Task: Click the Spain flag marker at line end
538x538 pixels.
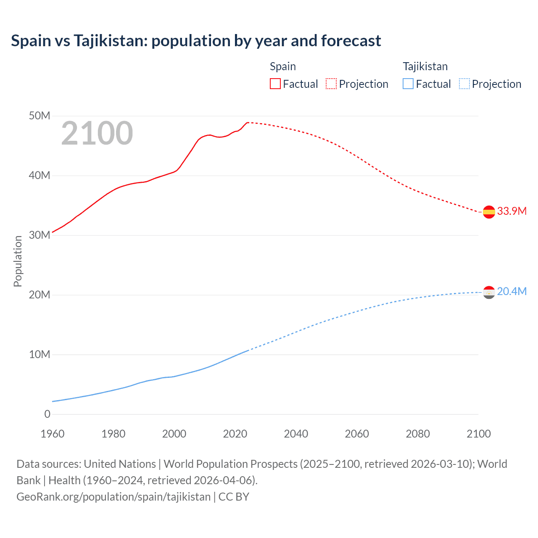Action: click(489, 212)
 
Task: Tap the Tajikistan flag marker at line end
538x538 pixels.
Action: click(489, 292)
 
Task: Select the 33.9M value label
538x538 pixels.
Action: click(512, 211)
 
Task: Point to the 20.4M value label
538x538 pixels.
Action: click(512, 291)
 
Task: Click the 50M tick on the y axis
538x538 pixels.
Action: click(40, 116)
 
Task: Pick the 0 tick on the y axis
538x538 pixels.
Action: click(47, 414)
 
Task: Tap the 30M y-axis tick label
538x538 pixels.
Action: click(40, 235)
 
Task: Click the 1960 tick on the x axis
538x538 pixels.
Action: click(53, 434)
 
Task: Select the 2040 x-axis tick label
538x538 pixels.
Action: click(296, 434)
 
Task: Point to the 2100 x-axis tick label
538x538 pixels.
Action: click(478, 434)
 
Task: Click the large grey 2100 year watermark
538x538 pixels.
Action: click(97, 133)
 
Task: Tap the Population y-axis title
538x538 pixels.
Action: click(18, 261)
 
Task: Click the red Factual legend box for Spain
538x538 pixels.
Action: click(275, 84)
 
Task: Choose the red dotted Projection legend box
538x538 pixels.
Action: click(331, 84)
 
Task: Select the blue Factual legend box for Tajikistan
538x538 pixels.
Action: click(408, 84)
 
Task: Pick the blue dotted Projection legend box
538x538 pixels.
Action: click(464, 84)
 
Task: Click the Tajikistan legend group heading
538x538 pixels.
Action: click(425, 66)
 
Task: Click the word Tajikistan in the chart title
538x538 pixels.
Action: click(110, 41)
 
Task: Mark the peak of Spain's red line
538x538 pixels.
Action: click(248, 122)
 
